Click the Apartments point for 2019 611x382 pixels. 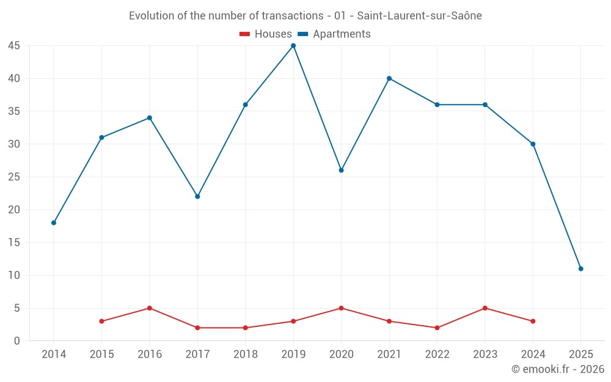(x=293, y=46)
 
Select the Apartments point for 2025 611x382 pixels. (x=580, y=269)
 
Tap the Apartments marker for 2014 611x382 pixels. (x=54, y=222)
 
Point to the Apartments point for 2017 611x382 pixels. (x=197, y=196)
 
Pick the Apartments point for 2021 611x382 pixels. (x=389, y=78)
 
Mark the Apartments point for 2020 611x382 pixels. (x=341, y=170)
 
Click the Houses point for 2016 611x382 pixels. (x=150, y=308)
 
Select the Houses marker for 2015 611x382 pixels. (x=101, y=321)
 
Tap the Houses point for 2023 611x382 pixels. (x=485, y=308)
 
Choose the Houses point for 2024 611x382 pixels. (x=533, y=321)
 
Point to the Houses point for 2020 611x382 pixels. (x=341, y=308)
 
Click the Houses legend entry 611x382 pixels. (x=266, y=34)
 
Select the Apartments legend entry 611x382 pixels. (x=334, y=34)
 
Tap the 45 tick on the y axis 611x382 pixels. (x=14, y=46)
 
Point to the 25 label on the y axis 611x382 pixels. (x=14, y=177)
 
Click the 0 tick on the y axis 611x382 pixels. (x=17, y=341)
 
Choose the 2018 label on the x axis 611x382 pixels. (x=246, y=354)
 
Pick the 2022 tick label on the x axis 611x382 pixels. (x=437, y=354)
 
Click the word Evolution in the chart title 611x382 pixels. (x=152, y=16)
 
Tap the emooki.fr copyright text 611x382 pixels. (x=558, y=369)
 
